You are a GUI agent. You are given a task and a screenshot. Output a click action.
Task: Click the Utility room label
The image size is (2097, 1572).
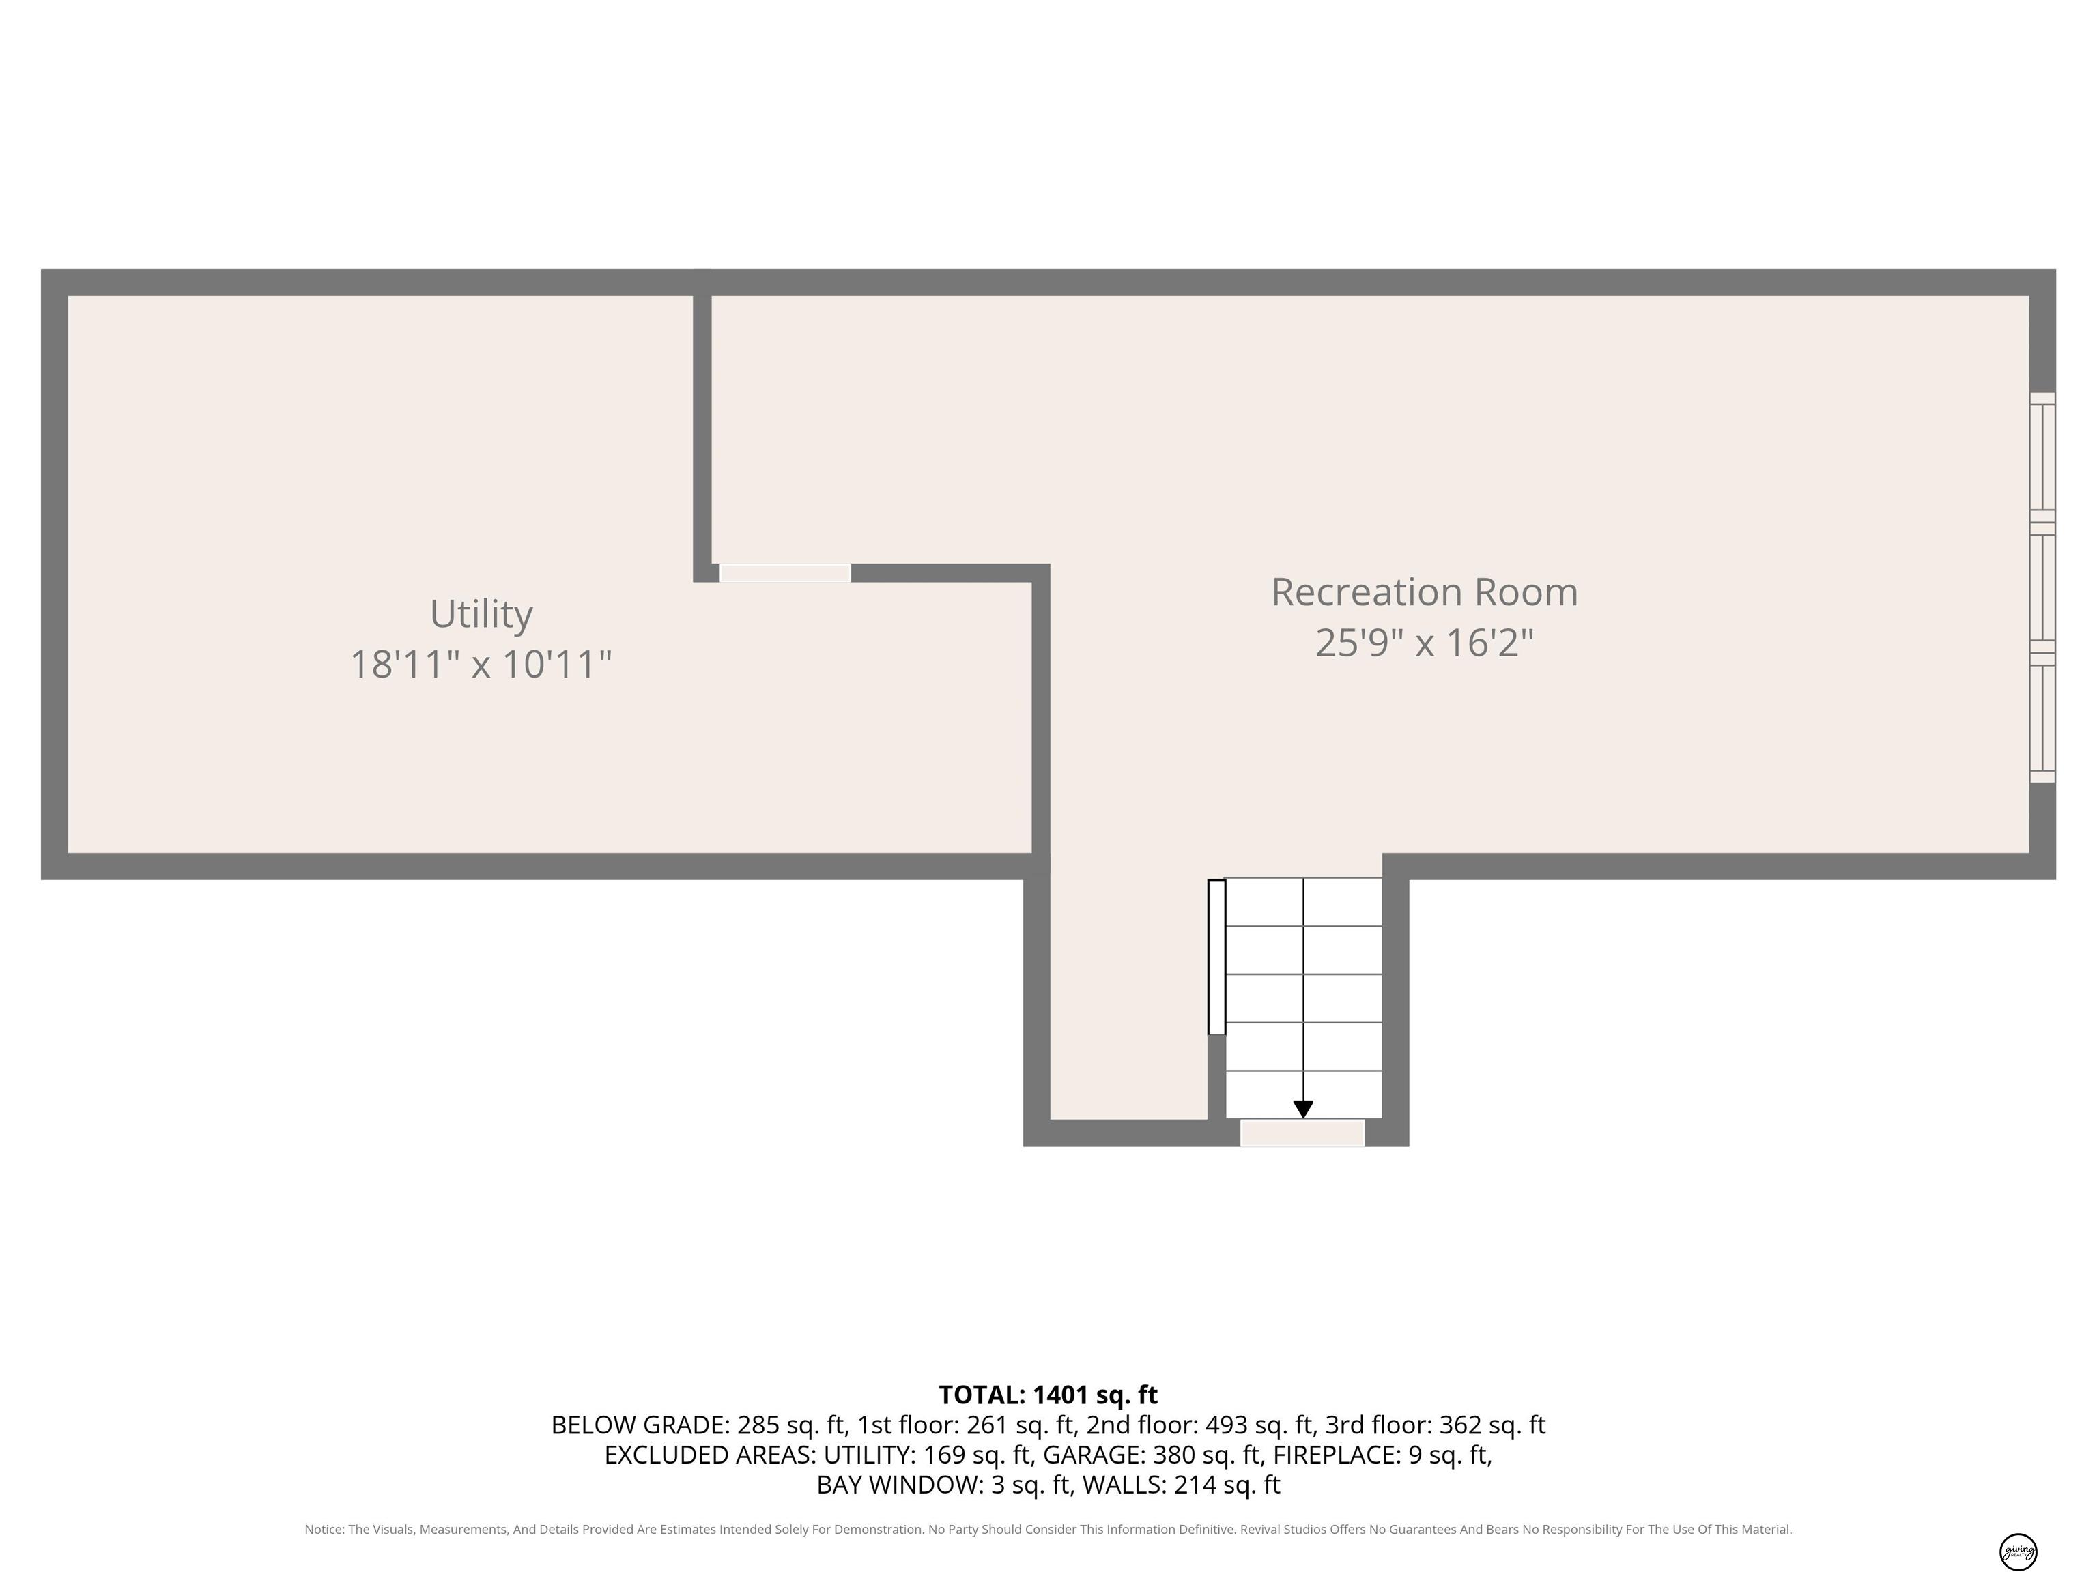tap(482, 614)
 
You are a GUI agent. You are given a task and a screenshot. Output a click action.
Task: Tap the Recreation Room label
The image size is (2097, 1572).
tap(1424, 592)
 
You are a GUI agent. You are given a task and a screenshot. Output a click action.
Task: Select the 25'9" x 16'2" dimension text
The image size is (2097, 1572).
tap(1424, 643)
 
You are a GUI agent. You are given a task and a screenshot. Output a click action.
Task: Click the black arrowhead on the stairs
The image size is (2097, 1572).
tap(1304, 1109)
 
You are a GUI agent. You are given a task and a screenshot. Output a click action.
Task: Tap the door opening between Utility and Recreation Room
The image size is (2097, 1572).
tap(785, 572)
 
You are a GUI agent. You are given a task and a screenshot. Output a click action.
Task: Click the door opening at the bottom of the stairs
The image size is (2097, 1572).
tap(1302, 1133)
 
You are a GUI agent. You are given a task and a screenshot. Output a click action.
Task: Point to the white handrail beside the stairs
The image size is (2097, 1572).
tap(1216, 957)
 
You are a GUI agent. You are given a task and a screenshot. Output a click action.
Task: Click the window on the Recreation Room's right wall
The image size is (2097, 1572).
tap(2042, 587)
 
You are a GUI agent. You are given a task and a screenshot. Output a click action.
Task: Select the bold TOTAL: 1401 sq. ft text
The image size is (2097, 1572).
tap(1048, 1395)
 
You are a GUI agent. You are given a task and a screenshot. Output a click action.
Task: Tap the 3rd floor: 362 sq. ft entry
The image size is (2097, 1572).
tap(1436, 1425)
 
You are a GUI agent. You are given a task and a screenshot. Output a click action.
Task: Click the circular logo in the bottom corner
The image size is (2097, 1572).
tap(2018, 1551)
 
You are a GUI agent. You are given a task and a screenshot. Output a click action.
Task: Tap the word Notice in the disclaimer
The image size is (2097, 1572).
tap(324, 1530)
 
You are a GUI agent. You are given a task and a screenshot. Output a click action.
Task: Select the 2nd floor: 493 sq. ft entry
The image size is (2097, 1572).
tap(1200, 1425)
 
